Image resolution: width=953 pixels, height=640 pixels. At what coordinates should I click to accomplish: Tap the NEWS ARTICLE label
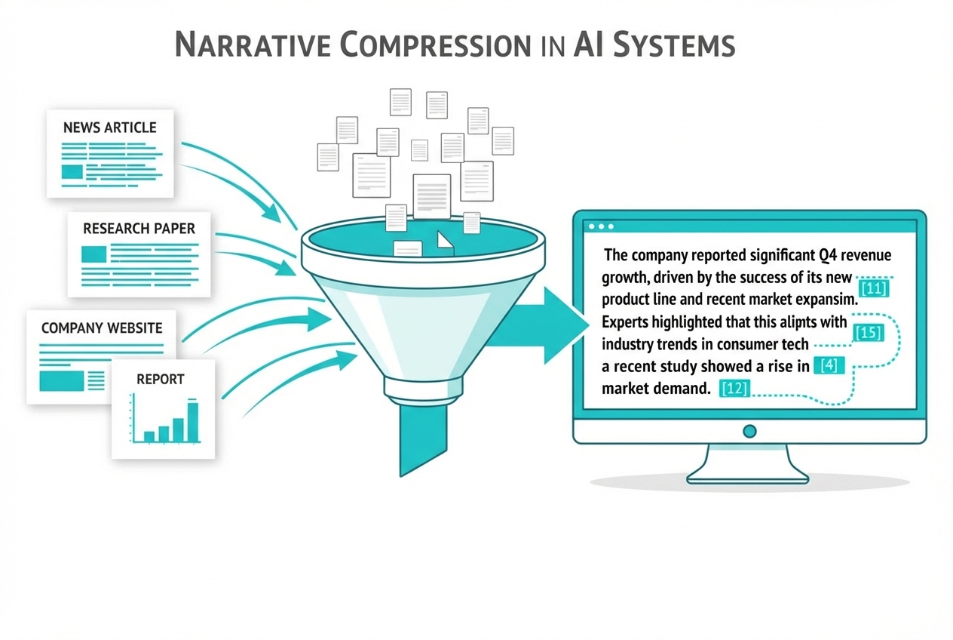pyautogui.click(x=110, y=127)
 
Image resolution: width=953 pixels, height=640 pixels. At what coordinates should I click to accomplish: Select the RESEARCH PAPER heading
pyautogui.click(x=139, y=228)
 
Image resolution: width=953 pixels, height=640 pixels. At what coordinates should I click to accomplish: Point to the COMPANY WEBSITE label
pyautogui.click(x=102, y=328)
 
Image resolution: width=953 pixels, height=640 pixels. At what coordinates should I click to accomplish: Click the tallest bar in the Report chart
pyautogui.click(x=193, y=422)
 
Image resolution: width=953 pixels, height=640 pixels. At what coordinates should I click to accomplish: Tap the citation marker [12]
pyautogui.click(x=735, y=389)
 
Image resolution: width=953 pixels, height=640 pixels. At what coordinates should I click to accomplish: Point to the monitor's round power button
pyautogui.click(x=749, y=431)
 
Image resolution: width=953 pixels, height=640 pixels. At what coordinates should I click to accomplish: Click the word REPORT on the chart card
pyautogui.click(x=160, y=379)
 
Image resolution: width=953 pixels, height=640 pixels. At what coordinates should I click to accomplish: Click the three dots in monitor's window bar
pyautogui.click(x=600, y=226)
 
